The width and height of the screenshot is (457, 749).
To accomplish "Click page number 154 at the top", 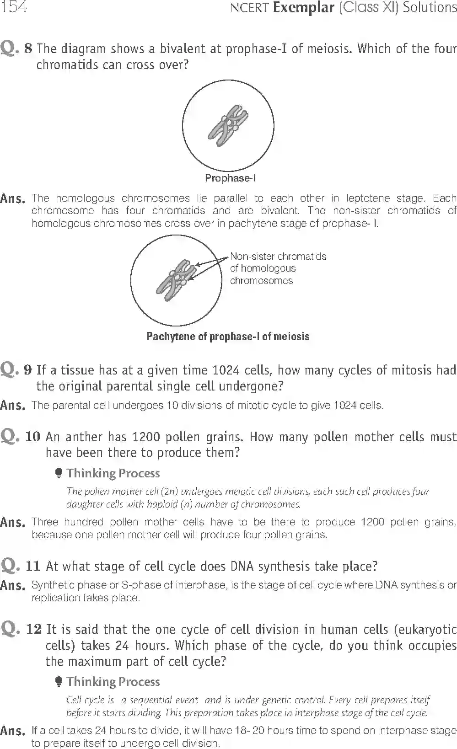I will pyautogui.click(x=14, y=7).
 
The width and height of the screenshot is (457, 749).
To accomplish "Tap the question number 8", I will pyautogui.click(x=28, y=48).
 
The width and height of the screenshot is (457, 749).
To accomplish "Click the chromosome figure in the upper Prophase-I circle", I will pyautogui.click(x=228, y=125).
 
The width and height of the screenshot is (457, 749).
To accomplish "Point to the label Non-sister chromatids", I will pyautogui.click(x=278, y=257).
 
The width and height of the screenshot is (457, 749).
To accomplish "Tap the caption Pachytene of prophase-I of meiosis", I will pyautogui.click(x=228, y=337).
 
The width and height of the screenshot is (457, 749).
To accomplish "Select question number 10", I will pyautogui.click(x=33, y=437).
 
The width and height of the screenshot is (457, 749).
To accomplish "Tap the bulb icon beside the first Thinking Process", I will pyautogui.click(x=58, y=473).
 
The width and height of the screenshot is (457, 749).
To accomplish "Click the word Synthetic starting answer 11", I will pyautogui.click(x=49, y=585).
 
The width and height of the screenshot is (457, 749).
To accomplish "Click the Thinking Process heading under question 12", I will pyautogui.click(x=113, y=682).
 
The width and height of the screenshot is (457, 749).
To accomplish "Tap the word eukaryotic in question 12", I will pyautogui.click(x=428, y=630).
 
